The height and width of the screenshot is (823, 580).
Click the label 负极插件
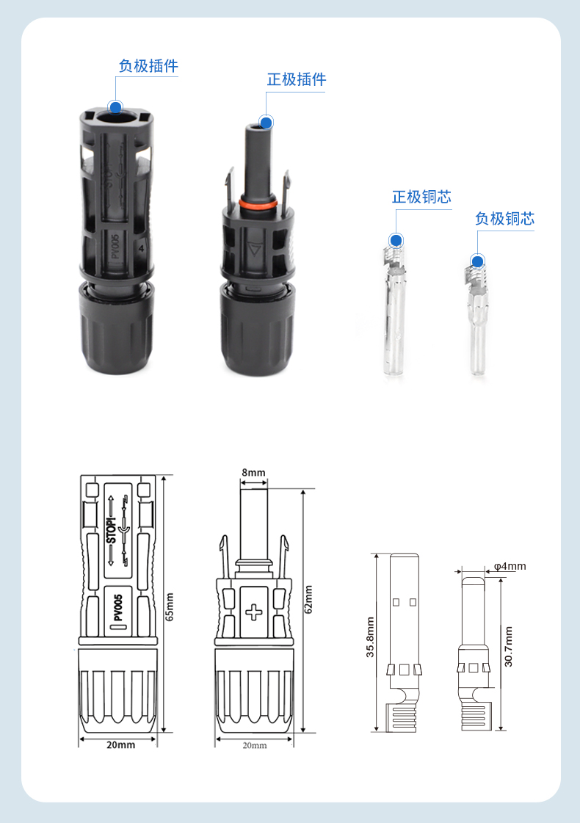(x=148, y=66)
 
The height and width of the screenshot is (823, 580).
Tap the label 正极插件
(x=297, y=80)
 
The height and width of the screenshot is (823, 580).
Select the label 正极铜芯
(x=421, y=197)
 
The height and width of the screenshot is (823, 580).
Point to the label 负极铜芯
(x=504, y=219)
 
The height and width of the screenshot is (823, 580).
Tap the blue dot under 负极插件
(x=115, y=108)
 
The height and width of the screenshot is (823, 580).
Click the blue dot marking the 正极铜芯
(x=396, y=240)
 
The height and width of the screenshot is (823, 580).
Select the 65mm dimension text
(x=170, y=606)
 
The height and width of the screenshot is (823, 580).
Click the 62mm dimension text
(x=308, y=599)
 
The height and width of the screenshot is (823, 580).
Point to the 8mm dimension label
(x=253, y=472)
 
